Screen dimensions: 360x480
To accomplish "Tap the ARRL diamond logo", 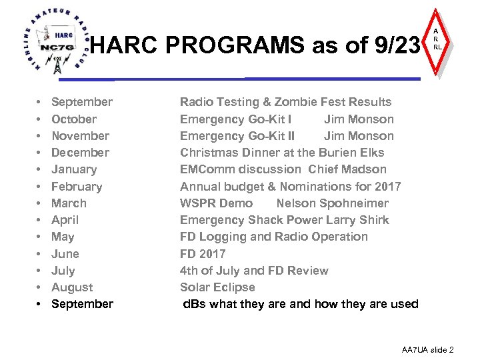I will [437, 41].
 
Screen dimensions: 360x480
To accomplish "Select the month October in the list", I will [73, 119].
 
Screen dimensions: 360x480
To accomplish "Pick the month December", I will [80, 153].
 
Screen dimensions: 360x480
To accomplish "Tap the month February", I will [77, 187].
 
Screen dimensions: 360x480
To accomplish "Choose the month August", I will [72, 287].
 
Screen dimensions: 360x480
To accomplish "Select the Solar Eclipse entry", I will [217, 287].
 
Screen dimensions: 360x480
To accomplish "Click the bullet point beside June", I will [39, 254].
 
